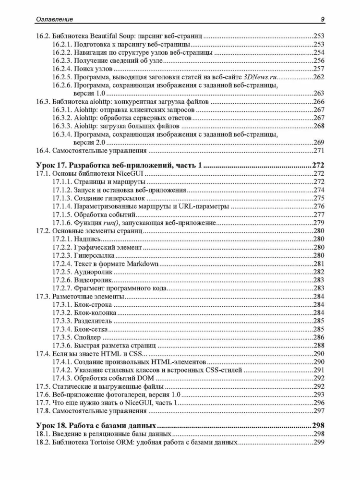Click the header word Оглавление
pyautogui.click(x=55, y=19)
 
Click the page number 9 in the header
pyautogui.click(x=323, y=19)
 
